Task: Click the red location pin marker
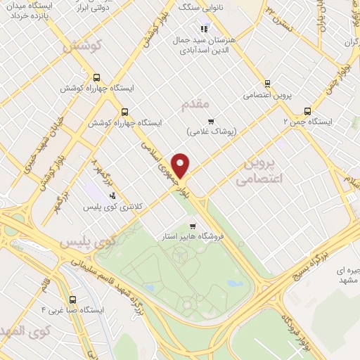(181, 165)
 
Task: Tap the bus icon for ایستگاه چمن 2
(307, 110)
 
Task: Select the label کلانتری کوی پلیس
(113, 207)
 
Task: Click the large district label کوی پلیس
(87, 244)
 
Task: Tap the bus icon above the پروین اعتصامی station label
(266, 82)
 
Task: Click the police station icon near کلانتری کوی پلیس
(112, 196)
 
